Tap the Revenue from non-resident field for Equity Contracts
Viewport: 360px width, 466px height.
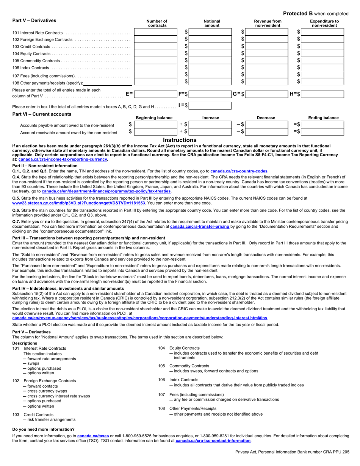266,53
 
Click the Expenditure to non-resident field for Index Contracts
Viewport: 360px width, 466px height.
323,67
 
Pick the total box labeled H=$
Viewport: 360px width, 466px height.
323,94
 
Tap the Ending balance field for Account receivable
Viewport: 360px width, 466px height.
323,132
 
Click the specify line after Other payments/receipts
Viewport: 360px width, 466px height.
108,83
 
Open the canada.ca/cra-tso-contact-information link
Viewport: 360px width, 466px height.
213,441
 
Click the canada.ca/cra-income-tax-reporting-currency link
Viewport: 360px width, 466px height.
63,160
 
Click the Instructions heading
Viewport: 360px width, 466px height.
180,140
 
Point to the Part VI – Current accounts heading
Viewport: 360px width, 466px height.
42,114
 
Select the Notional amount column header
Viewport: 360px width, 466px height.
212,23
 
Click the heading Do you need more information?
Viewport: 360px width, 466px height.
43,429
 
